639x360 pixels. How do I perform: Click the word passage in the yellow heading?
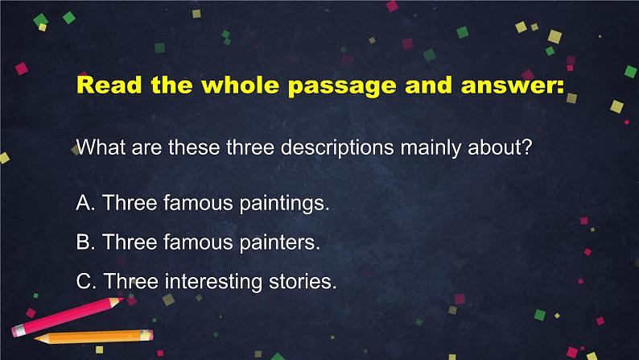coord(341,86)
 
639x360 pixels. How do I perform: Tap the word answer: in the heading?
coord(513,85)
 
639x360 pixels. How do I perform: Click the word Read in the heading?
coord(109,85)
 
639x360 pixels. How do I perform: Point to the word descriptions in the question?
coord(337,147)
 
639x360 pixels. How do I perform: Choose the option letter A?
coord(85,202)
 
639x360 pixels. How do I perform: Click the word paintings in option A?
coord(284,203)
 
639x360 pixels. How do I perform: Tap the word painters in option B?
coord(279,242)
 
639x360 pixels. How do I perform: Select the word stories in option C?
coord(303,281)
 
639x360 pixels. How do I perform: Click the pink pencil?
coord(68,317)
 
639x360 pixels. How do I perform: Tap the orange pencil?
coord(93,337)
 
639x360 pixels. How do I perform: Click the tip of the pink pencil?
coord(122,300)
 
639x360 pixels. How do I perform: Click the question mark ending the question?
coord(527,147)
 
